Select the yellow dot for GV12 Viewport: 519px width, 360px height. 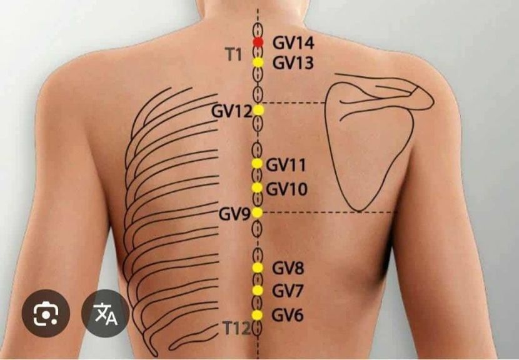click(258, 110)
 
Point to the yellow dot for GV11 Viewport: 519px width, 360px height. click(257, 163)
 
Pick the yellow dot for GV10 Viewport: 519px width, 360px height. click(257, 187)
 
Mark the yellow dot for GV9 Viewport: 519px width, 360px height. click(257, 212)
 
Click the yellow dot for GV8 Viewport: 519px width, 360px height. click(258, 267)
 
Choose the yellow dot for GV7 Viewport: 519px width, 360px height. click(258, 291)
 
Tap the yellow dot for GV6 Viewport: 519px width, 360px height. click(257, 314)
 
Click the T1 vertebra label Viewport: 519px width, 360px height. click(234, 54)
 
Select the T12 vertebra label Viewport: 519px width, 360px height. click(236, 327)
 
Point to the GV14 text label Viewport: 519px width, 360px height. click(293, 43)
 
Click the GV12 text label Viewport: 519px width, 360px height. click(231, 111)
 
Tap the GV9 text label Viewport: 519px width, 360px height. click(234, 214)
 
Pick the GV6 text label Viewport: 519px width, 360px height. click(288, 316)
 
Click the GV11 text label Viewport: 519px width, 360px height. click(286, 165)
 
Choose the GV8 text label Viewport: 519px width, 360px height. click(288, 269)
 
